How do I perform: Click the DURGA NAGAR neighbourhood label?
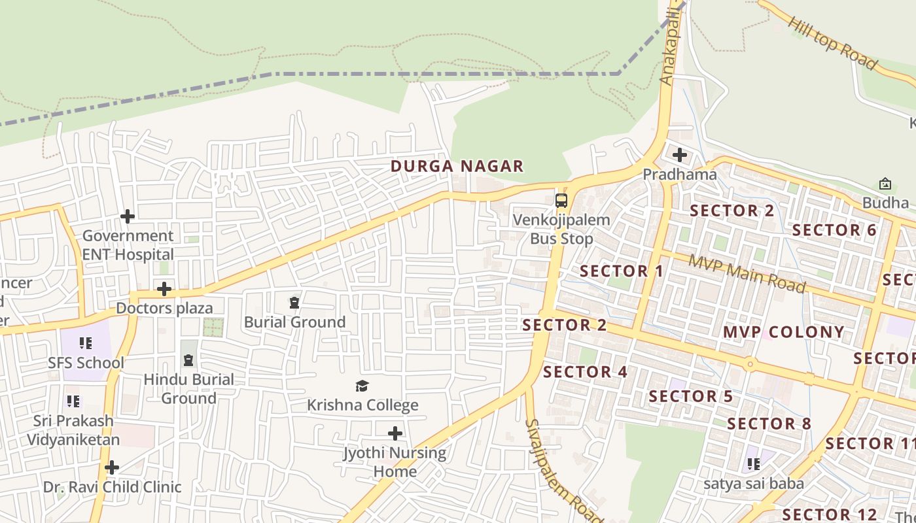pyautogui.click(x=457, y=166)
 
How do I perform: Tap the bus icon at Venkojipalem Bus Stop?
pyautogui.click(x=561, y=200)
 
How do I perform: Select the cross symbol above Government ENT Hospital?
pyautogui.click(x=128, y=216)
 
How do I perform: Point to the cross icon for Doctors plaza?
pyautogui.click(x=164, y=289)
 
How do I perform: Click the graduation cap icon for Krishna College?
pyautogui.click(x=362, y=386)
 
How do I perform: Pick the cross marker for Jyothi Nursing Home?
pyautogui.click(x=395, y=433)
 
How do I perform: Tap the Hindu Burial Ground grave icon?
pyautogui.click(x=188, y=360)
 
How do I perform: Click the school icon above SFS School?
pyautogui.click(x=85, y=343)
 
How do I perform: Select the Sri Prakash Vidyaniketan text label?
pyautogui.click(x=73, y=430)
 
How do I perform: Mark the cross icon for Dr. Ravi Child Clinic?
pyautogui.click(x=112, y=467)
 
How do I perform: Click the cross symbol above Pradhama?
pyautogui.click(x=680, y=156)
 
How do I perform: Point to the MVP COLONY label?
pyautogui.click(x=783, y=332)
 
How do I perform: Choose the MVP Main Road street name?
pyautogui.click(x=747, y=273)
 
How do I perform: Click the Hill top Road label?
pyautogui.click(x=832, y=43)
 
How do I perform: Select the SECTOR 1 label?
pyautogui.click(x=622, y=271)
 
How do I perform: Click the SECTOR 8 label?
pyautogui.click(x=769, y=424)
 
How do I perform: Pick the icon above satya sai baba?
pyautogui.click(x=754, y=464)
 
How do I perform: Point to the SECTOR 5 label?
pyautogui.click(x=691, y=396)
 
